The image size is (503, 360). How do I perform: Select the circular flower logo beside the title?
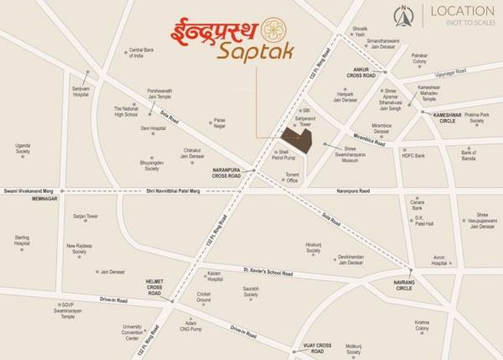click(274, 30)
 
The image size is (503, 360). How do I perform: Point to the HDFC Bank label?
click(414, 155)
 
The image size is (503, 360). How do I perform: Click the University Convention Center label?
click(132, 333)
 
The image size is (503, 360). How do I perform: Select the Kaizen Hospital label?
click(215, 276)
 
